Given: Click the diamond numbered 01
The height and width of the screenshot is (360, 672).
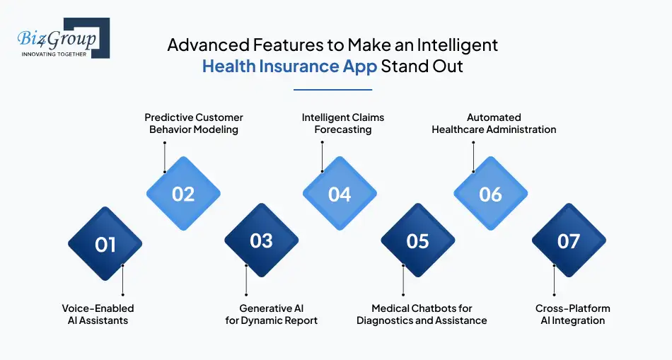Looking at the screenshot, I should (105, 244).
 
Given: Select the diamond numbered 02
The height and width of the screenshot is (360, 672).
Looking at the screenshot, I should (183, 194).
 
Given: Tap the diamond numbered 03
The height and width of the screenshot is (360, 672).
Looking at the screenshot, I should (261, 241).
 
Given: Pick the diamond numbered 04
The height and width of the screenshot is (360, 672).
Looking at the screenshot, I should (340, 194).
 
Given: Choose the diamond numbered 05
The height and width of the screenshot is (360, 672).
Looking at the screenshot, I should (417, 241).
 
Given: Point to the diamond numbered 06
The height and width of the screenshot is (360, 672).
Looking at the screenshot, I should (490, 194).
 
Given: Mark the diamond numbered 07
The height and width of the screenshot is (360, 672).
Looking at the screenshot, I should (569, 241).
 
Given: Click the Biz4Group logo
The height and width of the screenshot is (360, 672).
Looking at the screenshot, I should (62, 38).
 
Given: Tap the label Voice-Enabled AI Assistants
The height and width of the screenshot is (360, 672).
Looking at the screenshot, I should (98, 314).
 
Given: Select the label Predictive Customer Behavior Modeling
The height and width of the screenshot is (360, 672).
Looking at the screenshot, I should (194, 123).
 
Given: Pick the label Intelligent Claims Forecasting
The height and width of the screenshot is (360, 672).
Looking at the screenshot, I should (343, 123).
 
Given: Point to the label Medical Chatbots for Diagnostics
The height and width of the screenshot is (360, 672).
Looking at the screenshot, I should (422, 314).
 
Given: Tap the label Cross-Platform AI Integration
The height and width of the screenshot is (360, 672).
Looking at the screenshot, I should (572, 314).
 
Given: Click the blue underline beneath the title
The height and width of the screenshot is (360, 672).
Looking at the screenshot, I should (332, 89).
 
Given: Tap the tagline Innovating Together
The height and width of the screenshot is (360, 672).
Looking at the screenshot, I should (54, 54).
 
